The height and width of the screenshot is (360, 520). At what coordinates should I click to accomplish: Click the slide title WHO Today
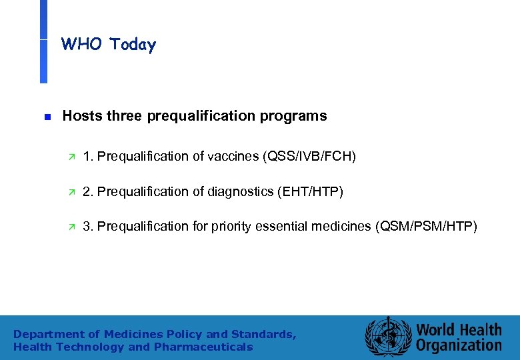click(x=109, y=45)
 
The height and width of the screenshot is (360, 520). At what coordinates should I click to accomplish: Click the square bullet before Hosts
click(x=47, y=116)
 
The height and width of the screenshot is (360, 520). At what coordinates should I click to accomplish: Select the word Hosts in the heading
click(x=81, y=116)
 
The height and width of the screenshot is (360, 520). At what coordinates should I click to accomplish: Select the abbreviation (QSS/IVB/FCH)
click(x=310, y=157)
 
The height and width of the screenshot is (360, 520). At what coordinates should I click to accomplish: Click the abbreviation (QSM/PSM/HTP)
click(x=427, y=227)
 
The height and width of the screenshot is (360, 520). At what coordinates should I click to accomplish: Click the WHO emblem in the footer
click(x=386, y=337)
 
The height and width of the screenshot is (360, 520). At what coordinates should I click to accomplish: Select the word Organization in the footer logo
click(x=459, y=345)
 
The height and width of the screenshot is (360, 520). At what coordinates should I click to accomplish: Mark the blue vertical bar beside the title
click(x=43, y=41)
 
